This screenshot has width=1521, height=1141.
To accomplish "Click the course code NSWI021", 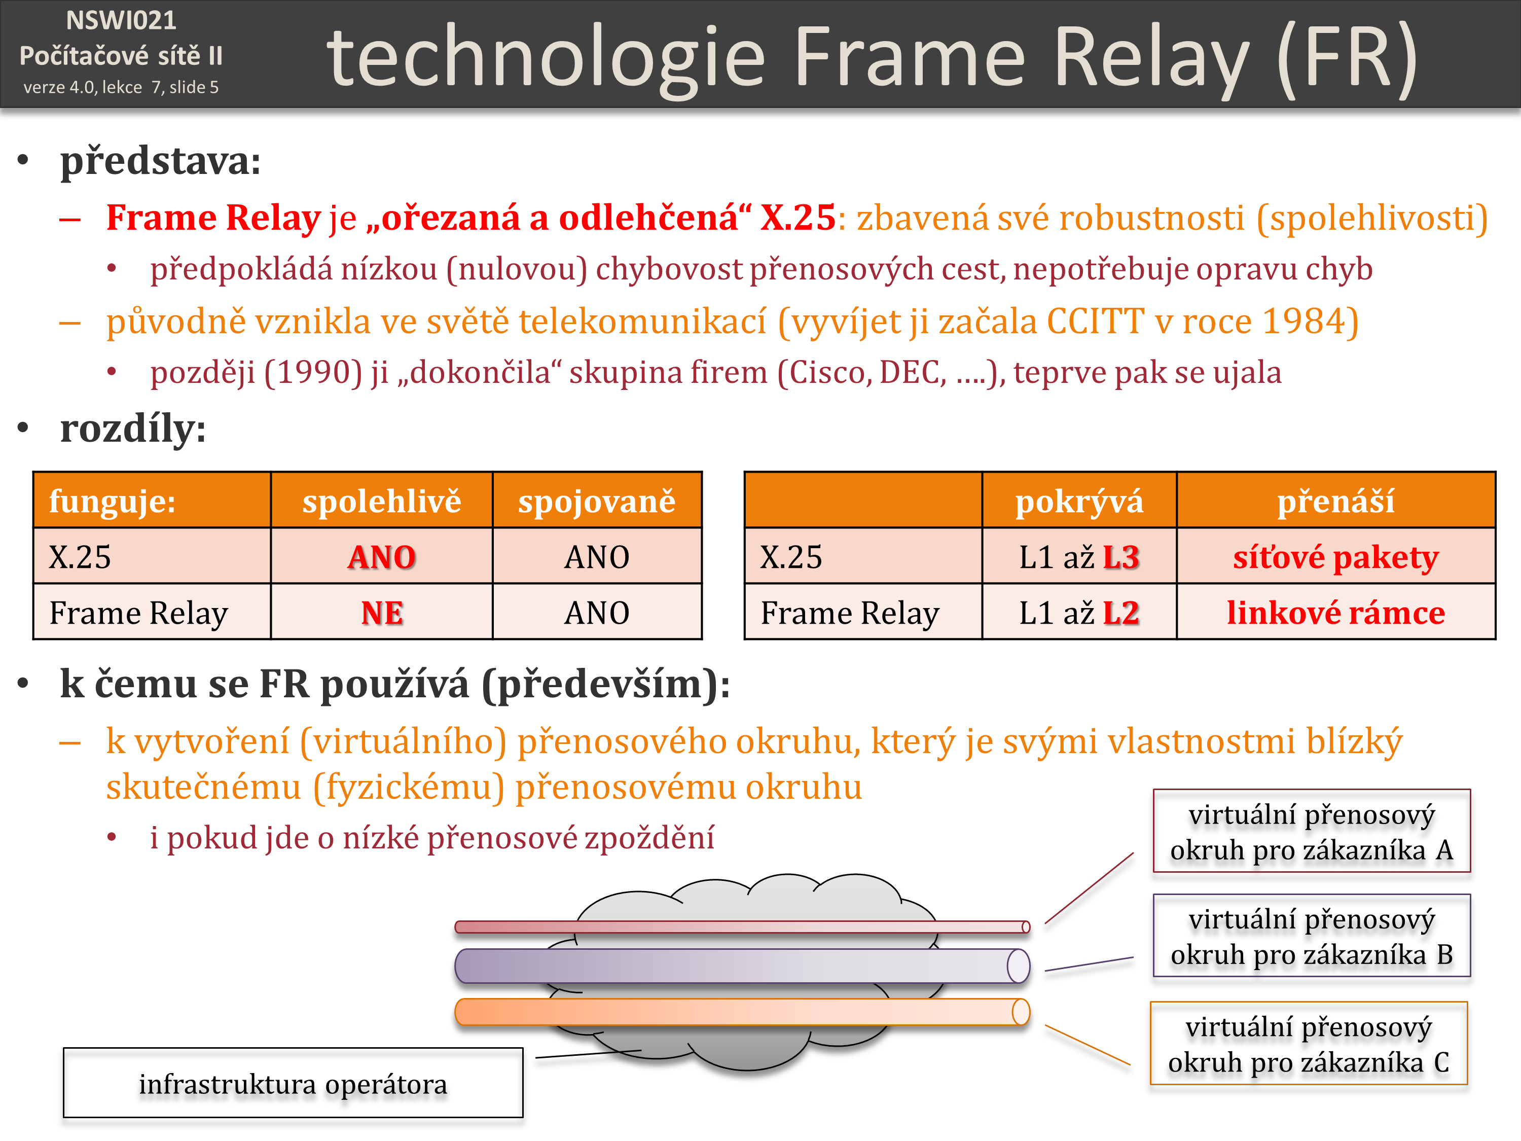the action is click(x=121, y=21).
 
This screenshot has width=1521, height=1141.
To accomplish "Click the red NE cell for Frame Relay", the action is click(x=382, y=613).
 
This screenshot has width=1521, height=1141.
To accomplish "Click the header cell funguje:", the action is click(x=152, y=500).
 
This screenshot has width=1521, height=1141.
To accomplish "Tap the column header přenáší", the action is click(x=1335, y=501).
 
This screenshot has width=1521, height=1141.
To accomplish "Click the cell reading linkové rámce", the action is click(x=1335, y=613).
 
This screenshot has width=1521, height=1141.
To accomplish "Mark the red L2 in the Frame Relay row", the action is click(x=1121, y=613).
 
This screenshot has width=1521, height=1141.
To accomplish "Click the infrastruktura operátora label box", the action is click(x=293, y=1083).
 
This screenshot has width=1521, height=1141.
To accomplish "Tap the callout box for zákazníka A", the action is click(x=1311, y=831).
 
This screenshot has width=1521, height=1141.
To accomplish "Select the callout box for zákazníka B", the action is click(x=1311, y=935).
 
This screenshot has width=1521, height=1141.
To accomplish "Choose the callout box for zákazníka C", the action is click(x=1309, y=1043).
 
